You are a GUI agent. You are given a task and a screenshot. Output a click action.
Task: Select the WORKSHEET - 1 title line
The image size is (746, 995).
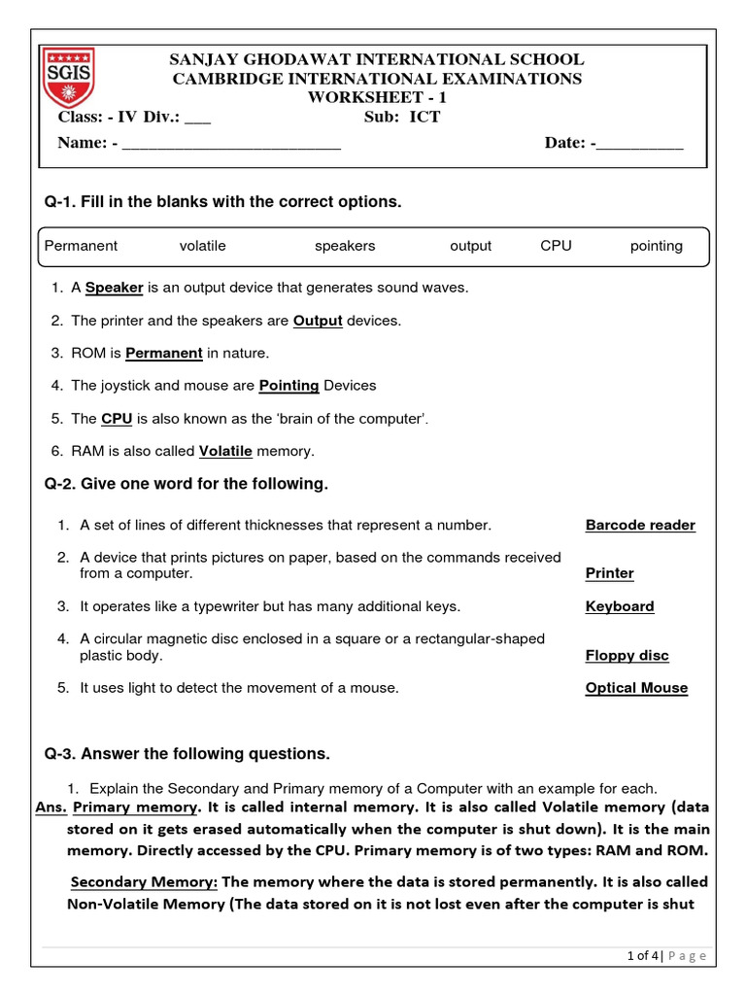[x=376, y=97]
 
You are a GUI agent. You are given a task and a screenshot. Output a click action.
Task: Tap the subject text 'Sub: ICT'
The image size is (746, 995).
[x=401, y=118]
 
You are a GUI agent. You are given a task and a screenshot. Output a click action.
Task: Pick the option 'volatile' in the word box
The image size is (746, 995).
[x=202, y=246]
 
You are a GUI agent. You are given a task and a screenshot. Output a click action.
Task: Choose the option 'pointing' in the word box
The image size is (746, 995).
[x=656, y=246]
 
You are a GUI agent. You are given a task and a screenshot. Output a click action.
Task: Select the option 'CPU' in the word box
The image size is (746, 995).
[x=556, y=246]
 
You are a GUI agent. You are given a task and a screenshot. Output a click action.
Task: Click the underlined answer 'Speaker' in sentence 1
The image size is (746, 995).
[x=114, y=288]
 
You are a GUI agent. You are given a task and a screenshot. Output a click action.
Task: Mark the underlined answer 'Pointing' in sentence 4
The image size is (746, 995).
[x=288, y=386]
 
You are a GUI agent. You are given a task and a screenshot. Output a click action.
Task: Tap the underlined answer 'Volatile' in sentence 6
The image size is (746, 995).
[x=225, y=451]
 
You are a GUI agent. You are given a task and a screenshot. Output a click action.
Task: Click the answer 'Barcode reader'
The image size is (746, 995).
[x=640, y=526]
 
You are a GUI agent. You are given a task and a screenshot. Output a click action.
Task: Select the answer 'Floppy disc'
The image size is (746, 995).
[x=627, y=656]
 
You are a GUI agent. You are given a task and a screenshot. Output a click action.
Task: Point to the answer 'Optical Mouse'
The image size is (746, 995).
[x=636, y=688]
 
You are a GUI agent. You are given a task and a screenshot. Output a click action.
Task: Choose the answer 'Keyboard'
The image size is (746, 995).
[x=620, y=606]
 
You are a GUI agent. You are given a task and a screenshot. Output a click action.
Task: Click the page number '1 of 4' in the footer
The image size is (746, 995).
[x=645, y=956]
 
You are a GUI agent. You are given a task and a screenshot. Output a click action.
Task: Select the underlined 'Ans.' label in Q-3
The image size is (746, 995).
[x=51, y=807]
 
